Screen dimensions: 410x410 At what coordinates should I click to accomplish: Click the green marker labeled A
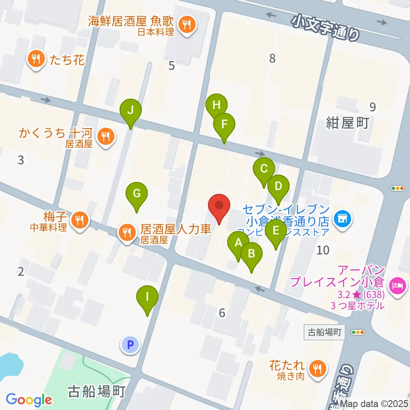tap(238, 243)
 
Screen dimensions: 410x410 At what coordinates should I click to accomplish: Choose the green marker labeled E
tap(275, 231)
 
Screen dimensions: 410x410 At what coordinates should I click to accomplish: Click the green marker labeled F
tap(224, 124)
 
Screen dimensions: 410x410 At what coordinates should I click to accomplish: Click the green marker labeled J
tap(131, 110)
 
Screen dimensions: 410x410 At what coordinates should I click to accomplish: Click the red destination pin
tap(220, 206)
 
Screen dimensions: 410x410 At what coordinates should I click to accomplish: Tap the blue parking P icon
tap(131, 344)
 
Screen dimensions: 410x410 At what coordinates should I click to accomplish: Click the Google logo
tap(29, 400)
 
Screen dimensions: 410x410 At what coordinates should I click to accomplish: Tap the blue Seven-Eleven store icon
tap(341, 219)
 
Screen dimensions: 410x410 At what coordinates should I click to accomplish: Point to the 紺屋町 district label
tap(347, 123)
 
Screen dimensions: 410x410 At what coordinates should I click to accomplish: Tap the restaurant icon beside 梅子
tap(79, 220)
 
